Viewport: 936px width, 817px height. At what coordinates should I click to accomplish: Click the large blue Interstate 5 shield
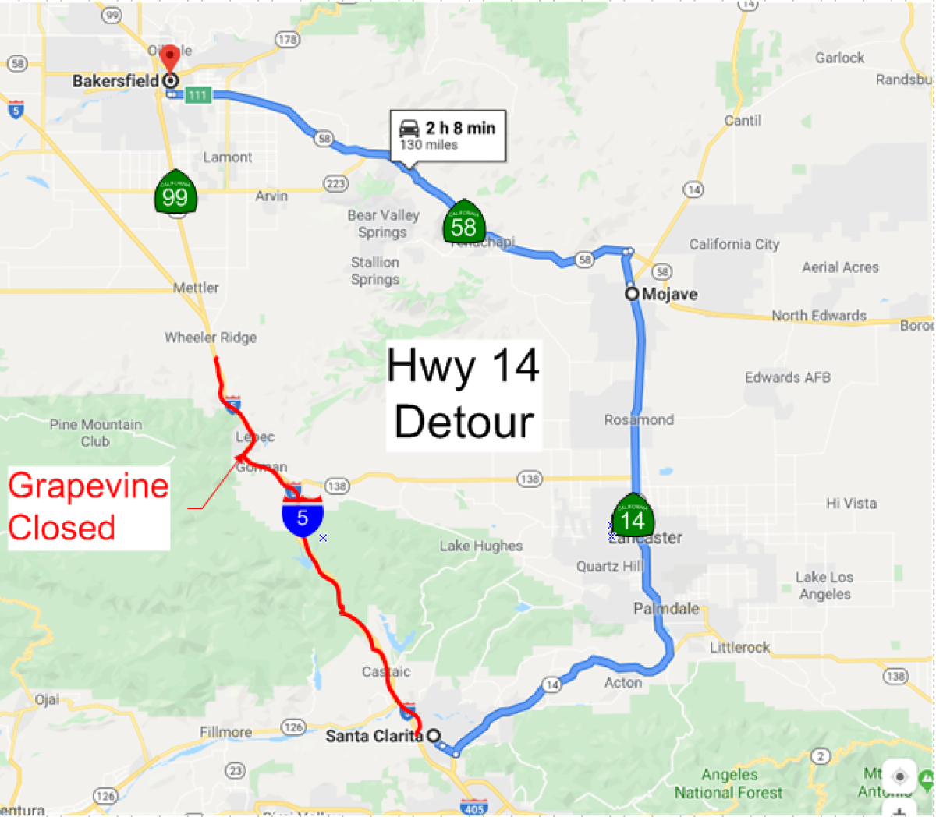(x=303, y=516)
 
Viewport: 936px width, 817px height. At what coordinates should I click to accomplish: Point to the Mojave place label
(x=669, y=294)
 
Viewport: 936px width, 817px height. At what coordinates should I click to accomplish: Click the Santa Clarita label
(x=374, y=735)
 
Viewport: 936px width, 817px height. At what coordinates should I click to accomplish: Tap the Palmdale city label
(x=666, y=608)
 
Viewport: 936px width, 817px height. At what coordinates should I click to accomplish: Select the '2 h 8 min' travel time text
(x=460, y=128)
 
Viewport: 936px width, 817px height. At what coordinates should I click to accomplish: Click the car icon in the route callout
(x=409, y=128)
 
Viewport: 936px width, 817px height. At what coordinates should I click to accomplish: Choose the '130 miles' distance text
(x=429, y=145)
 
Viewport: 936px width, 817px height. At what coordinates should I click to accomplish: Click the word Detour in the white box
(x=464, y=422)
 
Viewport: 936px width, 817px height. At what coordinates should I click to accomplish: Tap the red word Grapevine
(x=88, y=486)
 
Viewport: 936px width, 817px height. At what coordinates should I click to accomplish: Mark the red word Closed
(x=62, y=528)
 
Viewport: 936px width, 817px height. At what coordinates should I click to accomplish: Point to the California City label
(x=734, y=244)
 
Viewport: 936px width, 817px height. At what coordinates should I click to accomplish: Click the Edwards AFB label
(x=787, y=377)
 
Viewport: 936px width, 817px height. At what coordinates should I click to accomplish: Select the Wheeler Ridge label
(x=210, y=338)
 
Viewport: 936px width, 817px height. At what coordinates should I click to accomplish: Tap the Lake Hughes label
(x=480, y=546)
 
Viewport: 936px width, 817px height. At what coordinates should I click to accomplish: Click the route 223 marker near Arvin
(x=335, y=184)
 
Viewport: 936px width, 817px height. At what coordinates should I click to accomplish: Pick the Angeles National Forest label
(x=729, y=783)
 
